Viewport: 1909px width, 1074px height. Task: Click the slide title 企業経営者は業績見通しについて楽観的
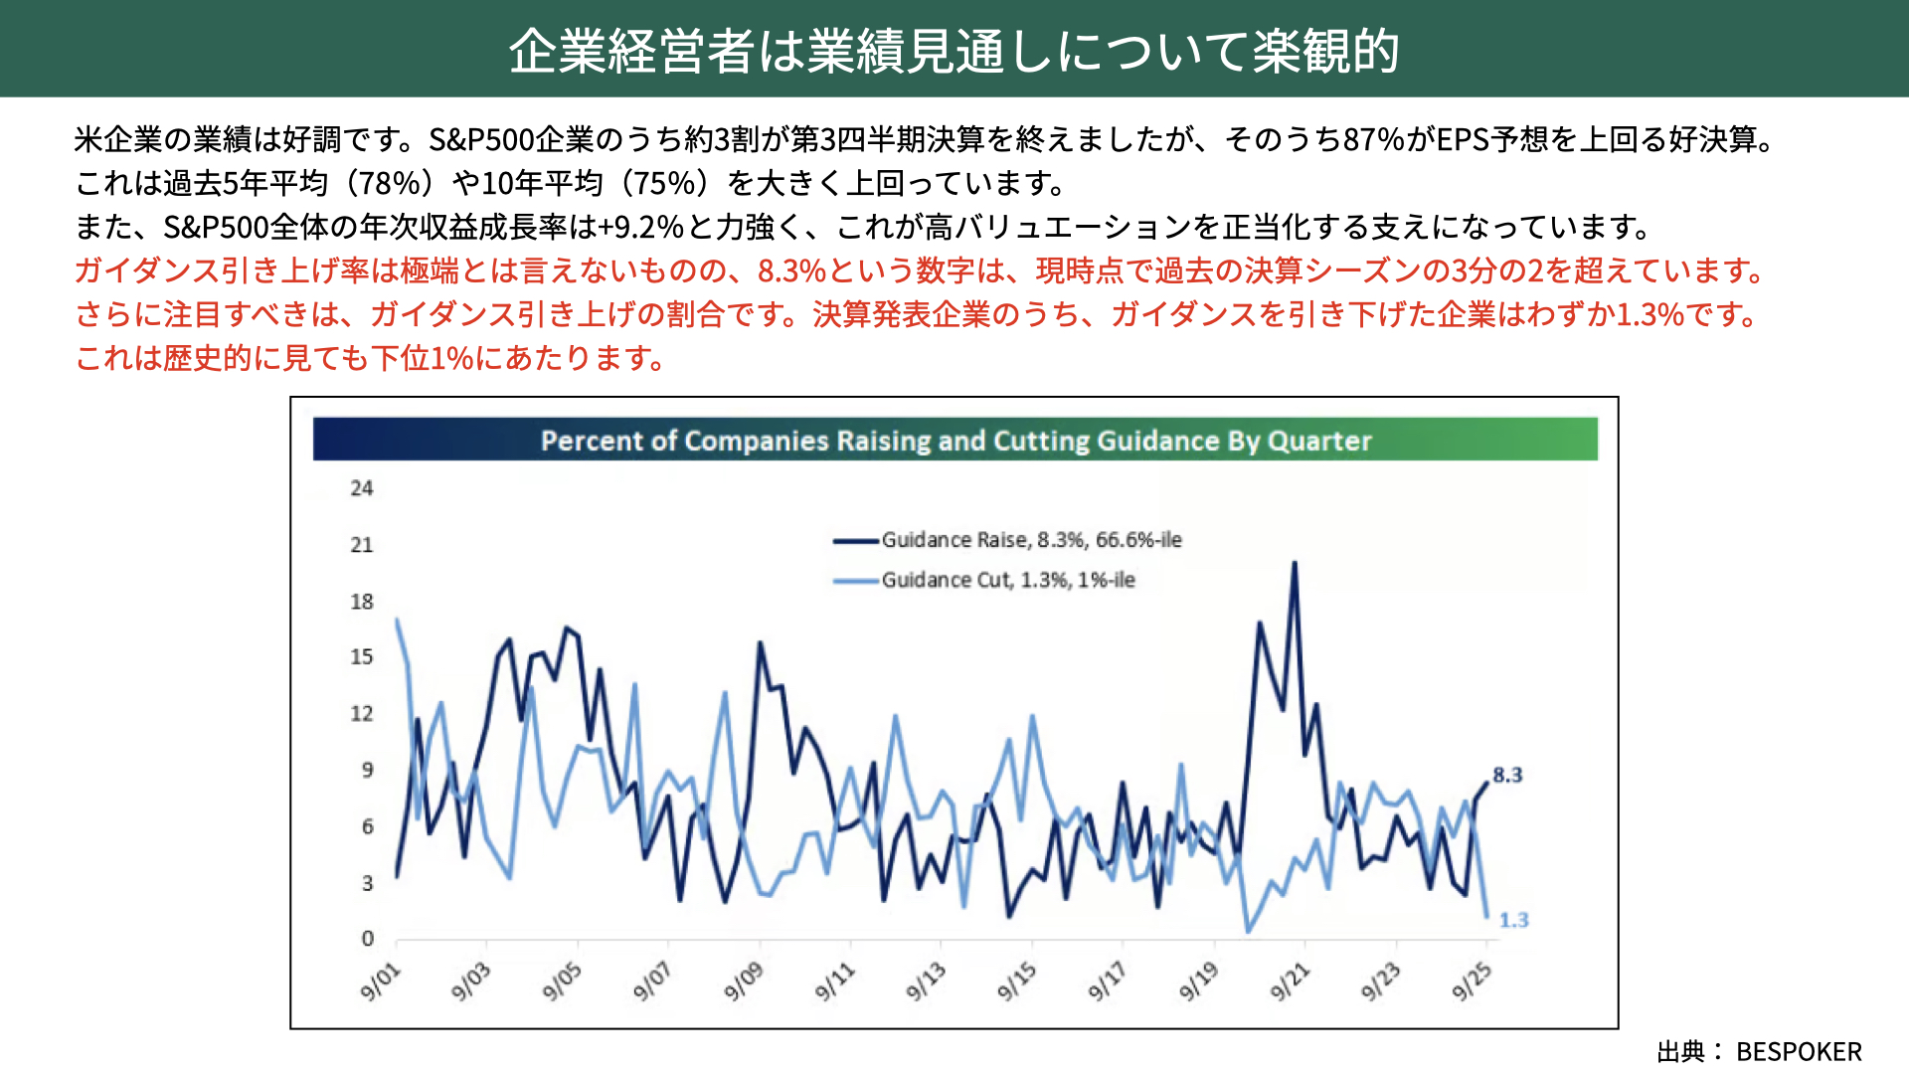(x=954, y=50)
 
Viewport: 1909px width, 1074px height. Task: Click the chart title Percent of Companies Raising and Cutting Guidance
(x=955, y=441)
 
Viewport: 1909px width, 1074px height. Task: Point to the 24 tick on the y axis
(x=361, y=488)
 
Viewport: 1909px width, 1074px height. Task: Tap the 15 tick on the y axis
(x=361, y=657)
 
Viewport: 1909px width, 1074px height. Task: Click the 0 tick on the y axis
(x=367, y=939)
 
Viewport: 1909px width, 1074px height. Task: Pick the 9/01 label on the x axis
(x=380, y=982)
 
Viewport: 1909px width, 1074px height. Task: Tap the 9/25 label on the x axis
(x=1473, y=982)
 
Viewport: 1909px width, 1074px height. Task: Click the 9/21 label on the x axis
(x=1291, y=982)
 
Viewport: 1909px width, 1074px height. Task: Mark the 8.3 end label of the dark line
(x=1507, y=775)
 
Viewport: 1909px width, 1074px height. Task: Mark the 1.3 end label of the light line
(x=1513, y=921)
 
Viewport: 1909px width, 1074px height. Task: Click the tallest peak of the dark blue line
(x=1295, y=564)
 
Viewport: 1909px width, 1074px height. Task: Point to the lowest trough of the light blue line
(x=1248, y=932)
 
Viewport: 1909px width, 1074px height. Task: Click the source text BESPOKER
(x=1799, y=1051)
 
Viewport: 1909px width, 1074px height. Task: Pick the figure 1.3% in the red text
(x=1650, y=314)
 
